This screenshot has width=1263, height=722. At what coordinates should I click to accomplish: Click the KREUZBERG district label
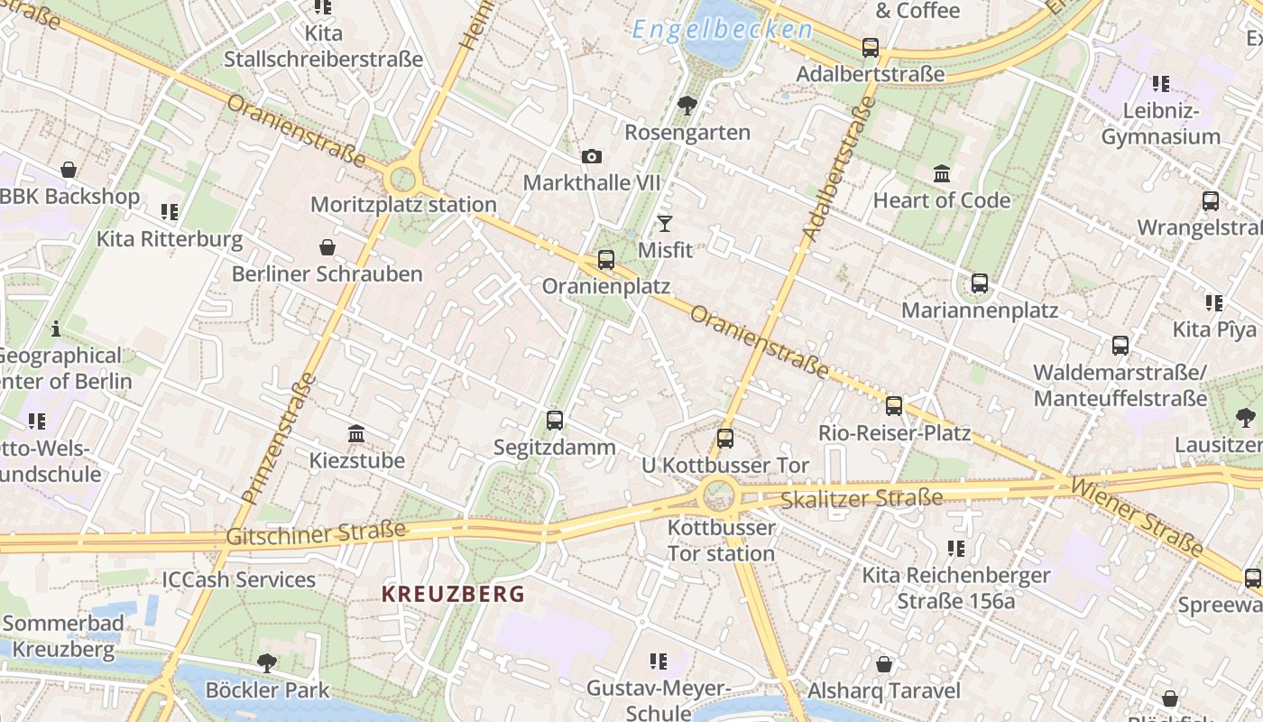pyautogui.click(x=453, y=594)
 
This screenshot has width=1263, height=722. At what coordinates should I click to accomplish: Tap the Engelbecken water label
pyautogui.click(x=722, y=30)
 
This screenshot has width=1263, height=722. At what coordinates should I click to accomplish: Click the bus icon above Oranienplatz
pyautogui.click(x=606, y=260)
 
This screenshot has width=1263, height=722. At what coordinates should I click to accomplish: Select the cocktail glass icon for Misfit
pyautogui.click(x=665, y=223)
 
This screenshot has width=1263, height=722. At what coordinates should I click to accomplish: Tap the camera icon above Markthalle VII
pyautogui.click(x=592, y=157)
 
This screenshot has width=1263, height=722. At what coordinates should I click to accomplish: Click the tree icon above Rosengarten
pyautogui.click(x=687, y=106)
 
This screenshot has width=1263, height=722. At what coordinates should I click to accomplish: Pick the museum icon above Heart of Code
pyautogui.click(x=942, y=173)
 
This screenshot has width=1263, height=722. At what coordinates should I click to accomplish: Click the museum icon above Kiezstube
pyautogui.click(x=356, y=434)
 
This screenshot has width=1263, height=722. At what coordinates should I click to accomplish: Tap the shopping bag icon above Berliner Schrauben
pyautogui.click(x=327, y=247)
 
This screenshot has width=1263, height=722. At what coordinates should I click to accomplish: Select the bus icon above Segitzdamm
pyautogui.click(x=555, y=421)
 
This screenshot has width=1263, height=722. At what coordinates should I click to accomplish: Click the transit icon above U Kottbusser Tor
pyautogui.click(x=725, y=439)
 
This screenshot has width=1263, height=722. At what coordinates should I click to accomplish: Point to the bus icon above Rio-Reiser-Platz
pyautogui.click(x=894, y=406)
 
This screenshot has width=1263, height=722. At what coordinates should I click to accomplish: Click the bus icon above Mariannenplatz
pyautogui.click(x=980, y=283)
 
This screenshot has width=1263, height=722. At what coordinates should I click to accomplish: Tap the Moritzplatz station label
pyautogui.click(x=403, y=205)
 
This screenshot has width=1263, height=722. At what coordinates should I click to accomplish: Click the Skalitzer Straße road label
pyautogui.click(x=862, y=498)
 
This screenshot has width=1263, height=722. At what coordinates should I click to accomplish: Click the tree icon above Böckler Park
pyautogui.click(x=267, y=663)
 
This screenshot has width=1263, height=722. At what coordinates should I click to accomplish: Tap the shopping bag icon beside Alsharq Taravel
pyautogui.click(x=884, y=664)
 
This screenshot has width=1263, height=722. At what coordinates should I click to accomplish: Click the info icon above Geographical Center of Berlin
pyautogui.click(x=56, y=329)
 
